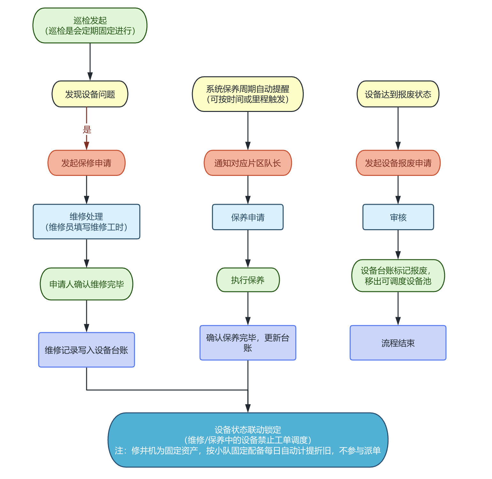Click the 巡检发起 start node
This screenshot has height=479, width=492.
[90, 26]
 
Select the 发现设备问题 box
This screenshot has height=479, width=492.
[90, 94]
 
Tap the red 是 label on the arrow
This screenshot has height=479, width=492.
[87, 130]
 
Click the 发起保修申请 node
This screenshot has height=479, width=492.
[87, 163]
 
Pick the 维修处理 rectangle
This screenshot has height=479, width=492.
[87, 222]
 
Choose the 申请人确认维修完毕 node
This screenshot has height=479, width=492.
[87, 284]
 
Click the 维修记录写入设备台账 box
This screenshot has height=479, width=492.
[87, 350]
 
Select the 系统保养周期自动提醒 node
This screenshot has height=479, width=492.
[248, 94]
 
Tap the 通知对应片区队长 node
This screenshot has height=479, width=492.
[248, 163]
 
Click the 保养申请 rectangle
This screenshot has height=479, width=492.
[248, 217]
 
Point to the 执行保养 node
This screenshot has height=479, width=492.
[248, 280]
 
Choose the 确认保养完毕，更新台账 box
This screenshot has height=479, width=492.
[248, 343]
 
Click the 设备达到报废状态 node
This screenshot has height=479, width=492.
[398, 94]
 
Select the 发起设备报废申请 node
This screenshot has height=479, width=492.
[398, 163]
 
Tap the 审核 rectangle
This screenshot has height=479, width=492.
[398, 217]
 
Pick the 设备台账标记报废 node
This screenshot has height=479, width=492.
[398, 276]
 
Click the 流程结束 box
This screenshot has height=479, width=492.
[398, 343]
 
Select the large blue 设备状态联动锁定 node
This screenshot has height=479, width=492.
[248, 440]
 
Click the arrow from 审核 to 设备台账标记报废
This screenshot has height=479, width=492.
[398, 245]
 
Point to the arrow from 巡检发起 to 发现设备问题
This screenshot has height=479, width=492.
[90, 62]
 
